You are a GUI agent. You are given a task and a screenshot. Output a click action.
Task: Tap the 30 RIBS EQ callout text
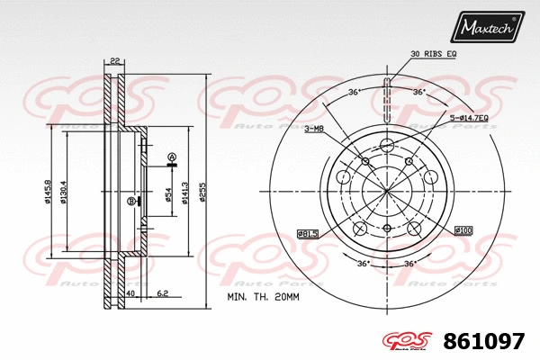434,55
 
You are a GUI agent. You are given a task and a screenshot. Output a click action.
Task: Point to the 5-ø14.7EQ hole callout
469,118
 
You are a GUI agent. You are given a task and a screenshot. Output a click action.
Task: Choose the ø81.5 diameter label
310,234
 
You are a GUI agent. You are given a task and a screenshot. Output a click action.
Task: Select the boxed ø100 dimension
463,230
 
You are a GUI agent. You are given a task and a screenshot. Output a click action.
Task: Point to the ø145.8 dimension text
47,191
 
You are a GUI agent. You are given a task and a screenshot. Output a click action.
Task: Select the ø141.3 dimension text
185,191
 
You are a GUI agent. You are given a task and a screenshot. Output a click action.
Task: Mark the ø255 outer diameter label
204,191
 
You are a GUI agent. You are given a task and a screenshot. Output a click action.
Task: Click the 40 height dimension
130,293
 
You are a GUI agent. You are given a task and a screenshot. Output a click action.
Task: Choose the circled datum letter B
130,201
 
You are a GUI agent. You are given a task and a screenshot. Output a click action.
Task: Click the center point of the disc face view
386,191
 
